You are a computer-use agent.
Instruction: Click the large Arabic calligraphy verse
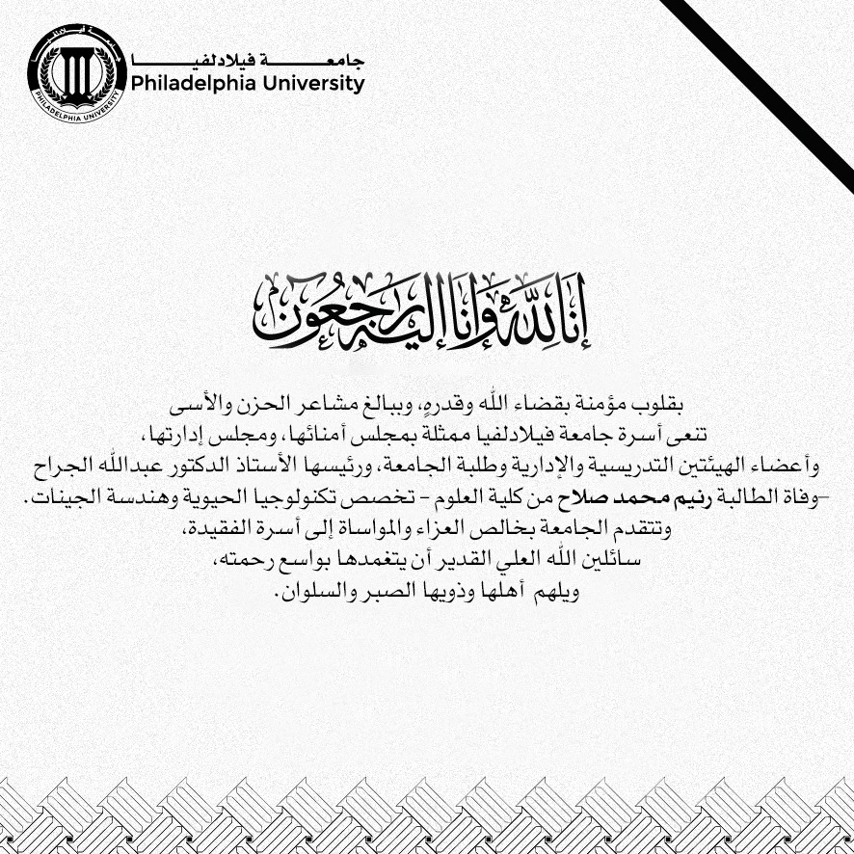426,316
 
